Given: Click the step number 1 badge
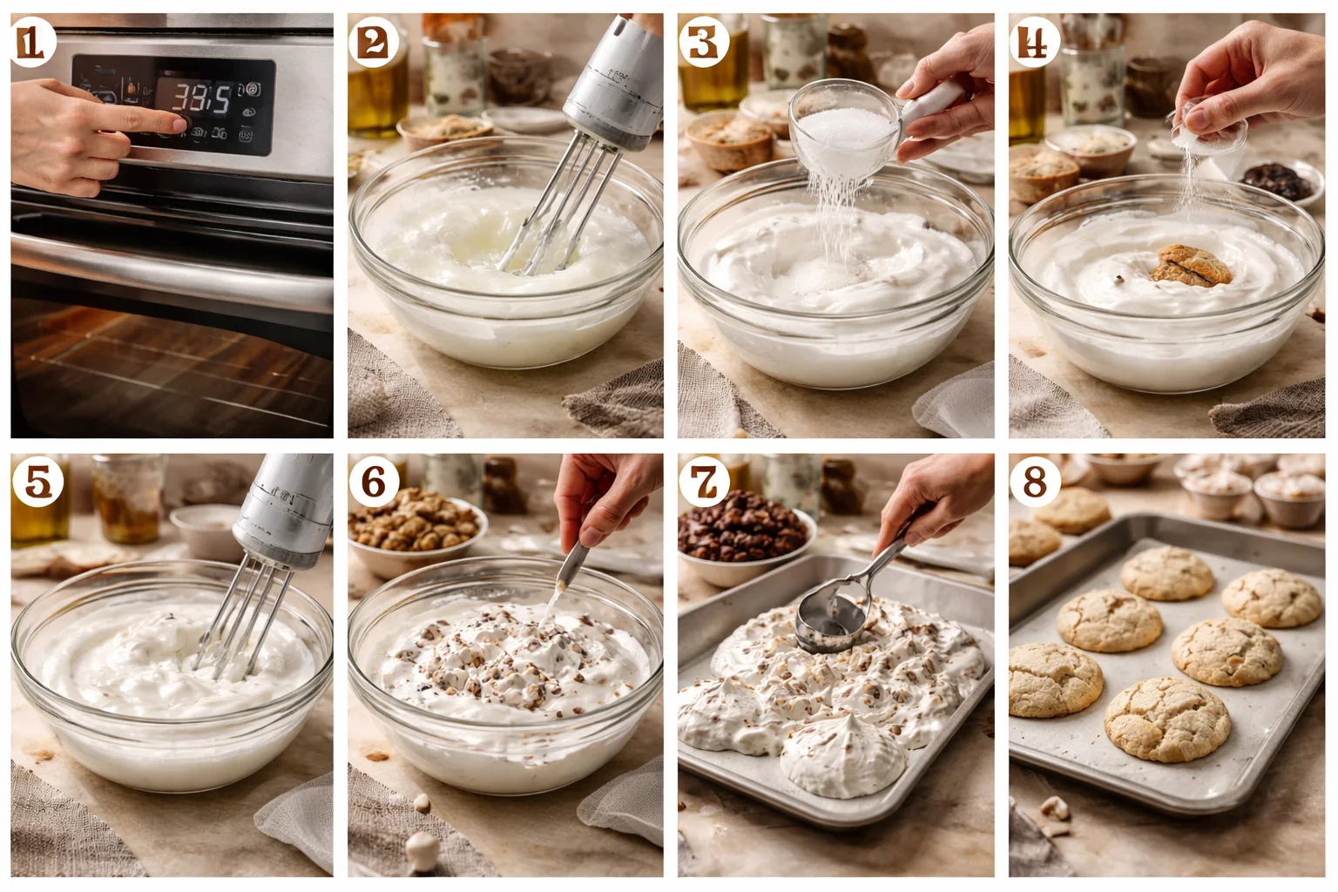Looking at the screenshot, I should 32,44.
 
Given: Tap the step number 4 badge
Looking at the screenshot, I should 1035,42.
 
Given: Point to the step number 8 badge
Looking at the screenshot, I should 1035,480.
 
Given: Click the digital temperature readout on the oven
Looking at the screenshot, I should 201,98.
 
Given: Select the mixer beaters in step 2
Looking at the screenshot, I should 557,209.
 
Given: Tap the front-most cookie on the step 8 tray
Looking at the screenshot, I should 1166,720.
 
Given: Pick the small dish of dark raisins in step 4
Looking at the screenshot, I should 1276,180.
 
